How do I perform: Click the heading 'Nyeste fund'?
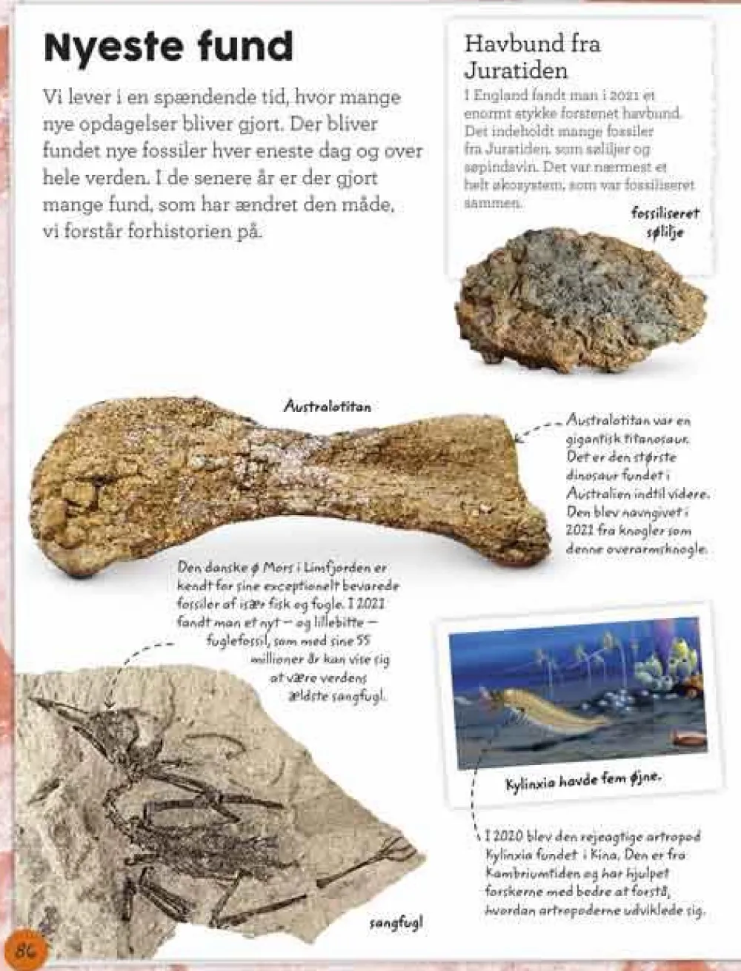pos(168,47)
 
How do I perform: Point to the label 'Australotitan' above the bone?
pos(328,406)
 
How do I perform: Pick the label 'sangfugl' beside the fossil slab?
pos(396,923)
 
